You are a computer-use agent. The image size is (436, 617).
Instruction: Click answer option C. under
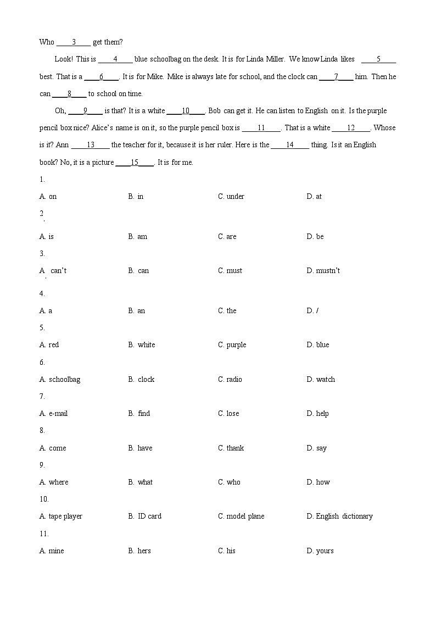click(231, 197)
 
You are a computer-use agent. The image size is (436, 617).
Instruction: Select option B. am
click(138, 237)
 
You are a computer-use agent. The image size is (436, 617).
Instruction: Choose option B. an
click(137, 311)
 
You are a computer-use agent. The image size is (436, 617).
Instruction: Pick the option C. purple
click(232, 345)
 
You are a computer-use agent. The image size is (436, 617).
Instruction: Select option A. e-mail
click(54, 414)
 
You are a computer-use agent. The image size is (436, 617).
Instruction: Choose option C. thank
click(231, 448)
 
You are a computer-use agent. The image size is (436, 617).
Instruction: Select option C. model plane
click(241, 516)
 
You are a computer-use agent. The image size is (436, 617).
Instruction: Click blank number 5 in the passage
click(378, 59)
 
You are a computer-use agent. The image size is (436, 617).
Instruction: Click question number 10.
click(44, 499)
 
